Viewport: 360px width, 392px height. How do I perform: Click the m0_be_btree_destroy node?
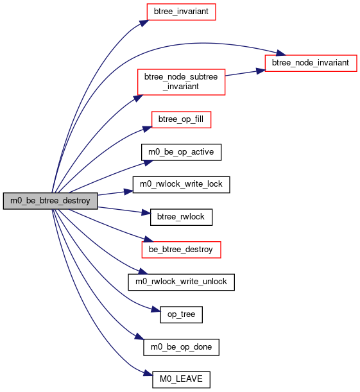(50, 201)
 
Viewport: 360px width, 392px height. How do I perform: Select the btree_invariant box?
(181, 12)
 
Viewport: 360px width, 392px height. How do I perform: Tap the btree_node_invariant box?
(311, 63)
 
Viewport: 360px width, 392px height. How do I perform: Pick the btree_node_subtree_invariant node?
(181, 82)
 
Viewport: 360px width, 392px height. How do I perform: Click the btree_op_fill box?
(181, 119)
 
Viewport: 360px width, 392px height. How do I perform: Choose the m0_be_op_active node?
(181, 152)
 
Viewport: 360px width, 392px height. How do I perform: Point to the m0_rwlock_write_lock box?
(181, 185)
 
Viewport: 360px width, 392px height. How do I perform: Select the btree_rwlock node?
(181, 217)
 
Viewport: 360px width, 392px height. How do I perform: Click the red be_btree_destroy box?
(181, 250)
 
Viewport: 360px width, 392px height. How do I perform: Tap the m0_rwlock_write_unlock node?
(181, 282)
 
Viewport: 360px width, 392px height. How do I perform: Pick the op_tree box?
(181, 314)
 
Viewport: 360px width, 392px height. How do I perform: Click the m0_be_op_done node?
(181, 347)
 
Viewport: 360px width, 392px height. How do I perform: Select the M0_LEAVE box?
(181, 380)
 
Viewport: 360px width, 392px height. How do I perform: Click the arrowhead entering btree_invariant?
(144, 23)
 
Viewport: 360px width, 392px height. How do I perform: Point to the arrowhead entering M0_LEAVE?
(148, 374)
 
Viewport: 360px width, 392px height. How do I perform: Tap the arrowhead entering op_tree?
(155, 310)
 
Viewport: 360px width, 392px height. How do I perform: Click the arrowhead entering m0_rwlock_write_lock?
(128, 192)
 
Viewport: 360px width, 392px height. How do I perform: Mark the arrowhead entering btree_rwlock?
(146, 213)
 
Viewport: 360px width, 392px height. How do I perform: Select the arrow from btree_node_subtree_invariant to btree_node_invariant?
(245, 73)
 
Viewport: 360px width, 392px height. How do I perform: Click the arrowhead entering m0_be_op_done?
(139, 336)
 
